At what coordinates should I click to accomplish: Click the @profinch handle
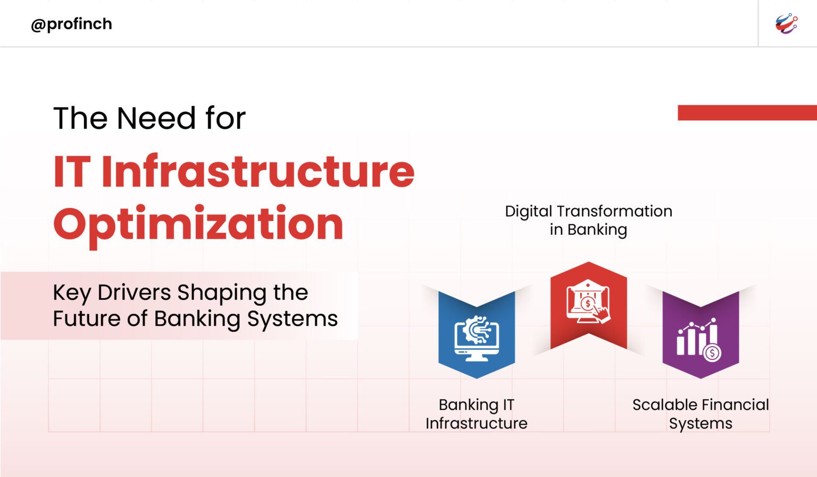point(71,24)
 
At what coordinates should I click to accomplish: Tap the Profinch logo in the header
point(786,24)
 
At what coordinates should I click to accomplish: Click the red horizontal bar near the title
point(747,112)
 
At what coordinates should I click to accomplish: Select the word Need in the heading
point(156,118)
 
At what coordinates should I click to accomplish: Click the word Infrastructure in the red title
point(257,171)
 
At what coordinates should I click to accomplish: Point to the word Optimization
point(198,224)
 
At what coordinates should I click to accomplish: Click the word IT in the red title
point(72,171)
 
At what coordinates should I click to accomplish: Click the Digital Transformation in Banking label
point(588,220)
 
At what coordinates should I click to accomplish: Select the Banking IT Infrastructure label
point(477,414)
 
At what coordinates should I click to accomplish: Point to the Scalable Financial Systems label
point(701,414)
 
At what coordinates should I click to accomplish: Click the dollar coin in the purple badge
point(712,352)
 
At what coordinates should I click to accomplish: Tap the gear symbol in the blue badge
point(470,330)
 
